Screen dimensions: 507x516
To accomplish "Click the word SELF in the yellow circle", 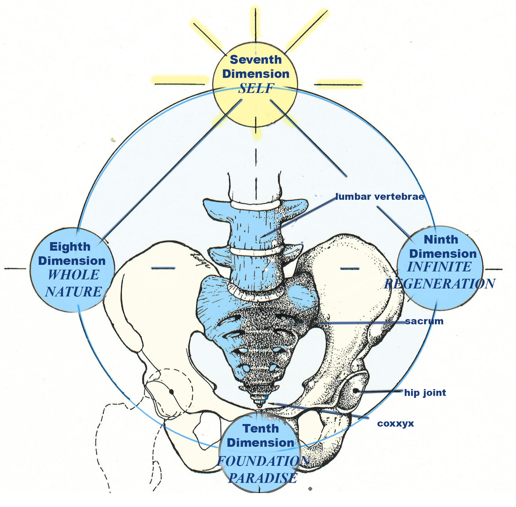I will (256, 88).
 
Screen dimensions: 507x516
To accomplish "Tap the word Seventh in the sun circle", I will (256, 60).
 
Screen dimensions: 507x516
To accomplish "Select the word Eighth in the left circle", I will (70, 247).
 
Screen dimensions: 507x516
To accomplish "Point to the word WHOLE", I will (73, 275).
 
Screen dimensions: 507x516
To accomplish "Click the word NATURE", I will (73, 292).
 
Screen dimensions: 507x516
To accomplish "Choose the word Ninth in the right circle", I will (441, 240).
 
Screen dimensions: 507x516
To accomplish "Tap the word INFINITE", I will (439, 267).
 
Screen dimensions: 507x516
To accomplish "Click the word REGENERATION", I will (440, 284).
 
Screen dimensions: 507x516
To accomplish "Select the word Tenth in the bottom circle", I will (260, 429).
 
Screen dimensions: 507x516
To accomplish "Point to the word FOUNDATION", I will (263, 461).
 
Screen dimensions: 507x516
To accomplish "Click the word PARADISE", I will (262, 478).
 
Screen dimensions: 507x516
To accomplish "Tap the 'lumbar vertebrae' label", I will (380, 197).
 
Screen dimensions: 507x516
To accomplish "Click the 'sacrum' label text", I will (424, 321).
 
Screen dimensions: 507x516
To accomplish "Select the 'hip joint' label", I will (425, 393).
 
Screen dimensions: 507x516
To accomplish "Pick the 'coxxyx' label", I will (395, 423).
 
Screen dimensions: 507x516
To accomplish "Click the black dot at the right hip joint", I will (356, 391).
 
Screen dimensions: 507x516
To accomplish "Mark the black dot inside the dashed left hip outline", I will (171, 392).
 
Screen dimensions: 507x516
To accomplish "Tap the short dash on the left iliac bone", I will (163, 268).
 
